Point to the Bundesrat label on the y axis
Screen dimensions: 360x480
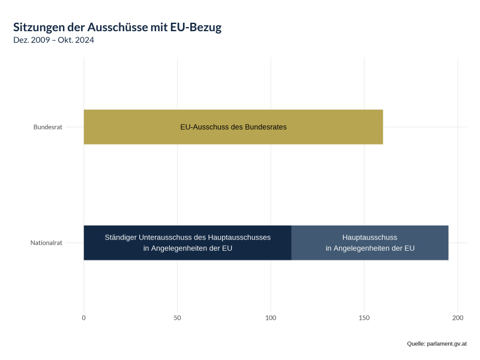pyautogui.click(x=48, y=127)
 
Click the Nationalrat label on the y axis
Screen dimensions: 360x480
pyautogui.click(x=46, y=243)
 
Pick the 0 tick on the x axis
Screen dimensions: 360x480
pyautogui.click(x=83, y=317)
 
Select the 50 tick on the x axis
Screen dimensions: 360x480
pyautogui.click(x=177, y=317)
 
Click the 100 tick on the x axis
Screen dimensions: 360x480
pyautogui.click(x=271, y=317)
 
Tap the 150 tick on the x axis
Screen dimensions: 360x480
pyautogui.click(x=364, y=317)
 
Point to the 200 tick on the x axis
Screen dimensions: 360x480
pyautogui.click(x=458, y=317)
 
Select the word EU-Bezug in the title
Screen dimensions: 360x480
pyautogui.click(x=200, y=28)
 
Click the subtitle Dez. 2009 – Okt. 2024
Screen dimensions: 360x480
pyautogui.click(x=53, y=40)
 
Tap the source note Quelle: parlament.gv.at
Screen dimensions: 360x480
pyautogui.click(x=436, y=344)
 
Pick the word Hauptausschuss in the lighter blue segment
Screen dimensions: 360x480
pyautogui.click(x=370, y=237)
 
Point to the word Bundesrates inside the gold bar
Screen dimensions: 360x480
pyautogui.click(x=266, y=127)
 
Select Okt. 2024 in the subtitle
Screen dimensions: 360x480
pyautogui.click(x=76, y=40)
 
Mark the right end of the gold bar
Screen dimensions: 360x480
pyautogui.click(x=382, y=127)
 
